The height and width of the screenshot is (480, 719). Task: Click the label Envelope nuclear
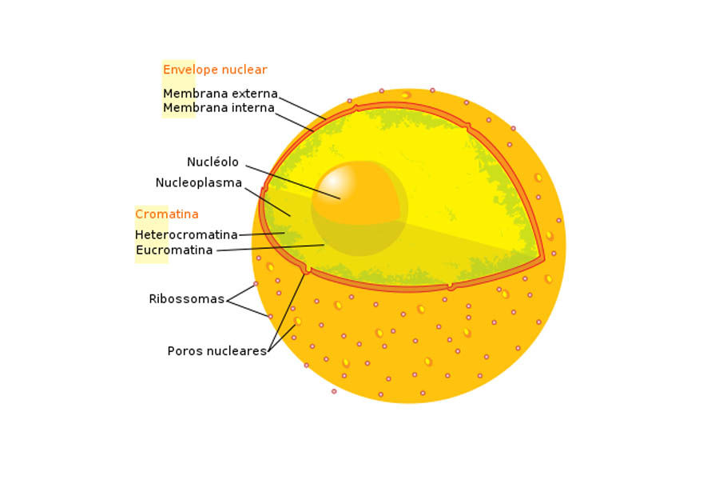(x=215, y=70)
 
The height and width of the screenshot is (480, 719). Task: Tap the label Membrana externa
(x=220, y=94)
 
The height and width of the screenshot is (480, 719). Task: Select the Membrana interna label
(x=218, y=108)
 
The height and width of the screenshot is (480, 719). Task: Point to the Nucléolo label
(x=213, y=162)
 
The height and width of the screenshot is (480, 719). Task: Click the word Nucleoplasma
(x=198, y=182)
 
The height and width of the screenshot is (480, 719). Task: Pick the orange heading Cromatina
(x=166, y=214)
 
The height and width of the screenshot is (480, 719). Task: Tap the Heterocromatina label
(x=186, y=234)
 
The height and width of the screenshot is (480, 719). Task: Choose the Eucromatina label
(x=174, y=250)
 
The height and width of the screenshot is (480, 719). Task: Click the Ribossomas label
(x=186, y=299)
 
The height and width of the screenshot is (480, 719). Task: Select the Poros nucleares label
(x=216, y=351)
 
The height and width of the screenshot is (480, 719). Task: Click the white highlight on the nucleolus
(x=333, y=182)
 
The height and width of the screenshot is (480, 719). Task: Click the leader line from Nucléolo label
(x=292, y=182)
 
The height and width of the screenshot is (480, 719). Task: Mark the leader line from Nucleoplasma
(x=267, y=202)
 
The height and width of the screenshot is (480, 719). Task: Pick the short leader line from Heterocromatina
(x=261, y=234)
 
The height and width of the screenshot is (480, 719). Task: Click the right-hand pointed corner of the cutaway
(x=543, y=258)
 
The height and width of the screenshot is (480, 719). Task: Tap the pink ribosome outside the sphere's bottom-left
(x=334, y=391)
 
